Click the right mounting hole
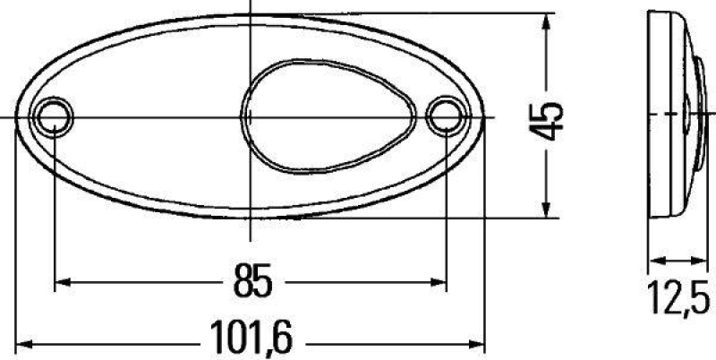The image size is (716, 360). (444, 116)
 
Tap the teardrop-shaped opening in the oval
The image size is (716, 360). (304, 116)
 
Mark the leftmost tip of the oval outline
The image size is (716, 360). (15, 117)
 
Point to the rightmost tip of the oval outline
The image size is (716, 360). (484, 117)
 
